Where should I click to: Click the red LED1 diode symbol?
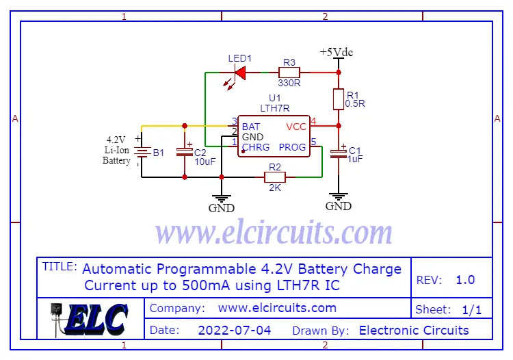[x=240, y=71]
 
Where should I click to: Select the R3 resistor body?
[x=289, y=71]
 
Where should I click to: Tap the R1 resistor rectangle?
[x=338, y=99]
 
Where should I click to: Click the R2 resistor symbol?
[x=275, y=177]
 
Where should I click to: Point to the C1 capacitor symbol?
[x=338, y=153]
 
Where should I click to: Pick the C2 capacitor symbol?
[x=184, y=151]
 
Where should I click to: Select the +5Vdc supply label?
[x=337, y=52]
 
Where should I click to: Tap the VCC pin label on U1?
[x=296, y=127]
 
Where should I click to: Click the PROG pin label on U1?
[x=293, y=147]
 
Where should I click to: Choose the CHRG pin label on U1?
[x=256, y=147]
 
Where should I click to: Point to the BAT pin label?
[x=251, y=127]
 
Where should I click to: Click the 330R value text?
[x=289, y=83]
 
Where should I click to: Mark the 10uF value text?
[x=206, y=162]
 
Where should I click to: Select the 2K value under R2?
[x=275, y=188]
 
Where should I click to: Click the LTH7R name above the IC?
[x=275, y=108]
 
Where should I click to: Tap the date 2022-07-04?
[x=234, y=331]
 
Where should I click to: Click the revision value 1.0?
[x=465, y=280]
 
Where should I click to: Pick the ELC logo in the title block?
[x=90, y=319]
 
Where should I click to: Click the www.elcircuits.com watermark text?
[x=274, y=233]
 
